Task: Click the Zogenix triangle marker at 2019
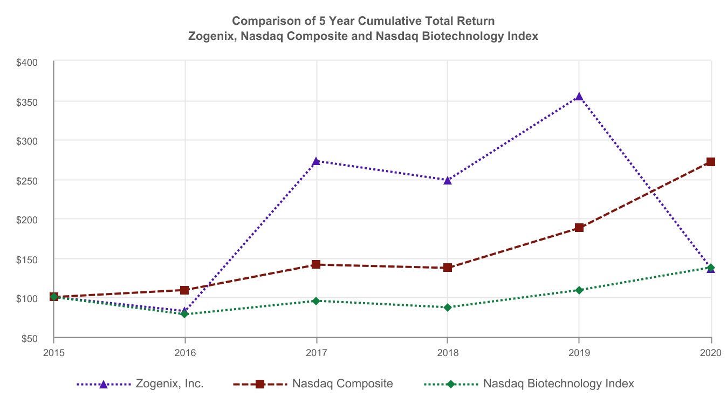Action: [579, 97]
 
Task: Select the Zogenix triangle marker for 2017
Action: [316, 161]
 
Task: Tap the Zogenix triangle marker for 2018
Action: [447, 180]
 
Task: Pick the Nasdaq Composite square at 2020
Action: [711, 162]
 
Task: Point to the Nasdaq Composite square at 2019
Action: [579, 228]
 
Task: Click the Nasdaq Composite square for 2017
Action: [316, 264]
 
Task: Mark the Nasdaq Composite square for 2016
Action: [184, 290]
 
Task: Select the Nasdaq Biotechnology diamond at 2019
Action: [579, 290]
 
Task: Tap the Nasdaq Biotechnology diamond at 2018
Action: [447, 307]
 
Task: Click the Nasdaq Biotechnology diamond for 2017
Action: [316, 301]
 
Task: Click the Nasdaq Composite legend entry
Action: [342, 384]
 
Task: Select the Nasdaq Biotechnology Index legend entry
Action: [558, 384]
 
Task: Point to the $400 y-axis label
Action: [26, 63]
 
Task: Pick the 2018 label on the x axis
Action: [447, 353]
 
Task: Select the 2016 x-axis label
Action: [184, 353]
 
